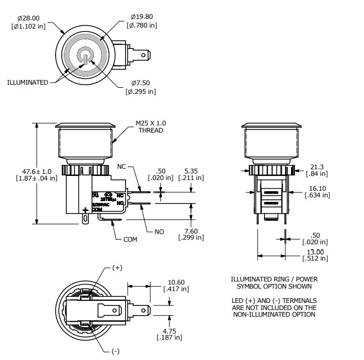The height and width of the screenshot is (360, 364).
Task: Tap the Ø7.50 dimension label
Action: (140, 83)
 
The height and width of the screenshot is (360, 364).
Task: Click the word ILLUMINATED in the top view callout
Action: (28, 82)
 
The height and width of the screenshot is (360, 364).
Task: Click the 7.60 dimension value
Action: (191, 230)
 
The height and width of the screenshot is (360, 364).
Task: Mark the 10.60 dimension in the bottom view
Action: (176, 282)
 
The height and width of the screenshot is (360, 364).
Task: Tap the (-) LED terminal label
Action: (115, 352)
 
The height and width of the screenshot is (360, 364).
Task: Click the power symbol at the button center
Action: (84, 56)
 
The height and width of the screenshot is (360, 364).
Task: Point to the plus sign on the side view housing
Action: (84, 210)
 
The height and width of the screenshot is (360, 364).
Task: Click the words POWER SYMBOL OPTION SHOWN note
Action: (274, 287)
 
